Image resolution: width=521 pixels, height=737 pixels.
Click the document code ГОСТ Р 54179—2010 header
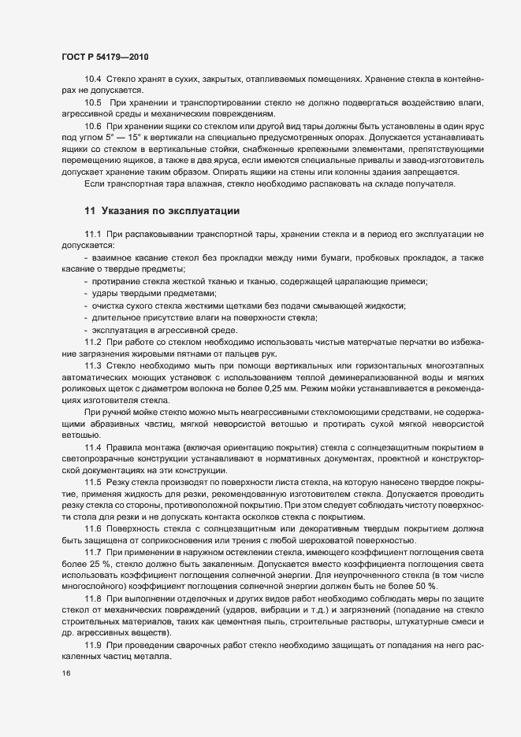[105, 57]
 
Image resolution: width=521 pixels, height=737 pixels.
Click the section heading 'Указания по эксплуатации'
[162, 210]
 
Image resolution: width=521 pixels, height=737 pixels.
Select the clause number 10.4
[92, 80]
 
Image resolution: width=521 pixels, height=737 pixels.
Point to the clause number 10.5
[92, 103]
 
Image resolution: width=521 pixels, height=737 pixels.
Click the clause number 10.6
[92, 126]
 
